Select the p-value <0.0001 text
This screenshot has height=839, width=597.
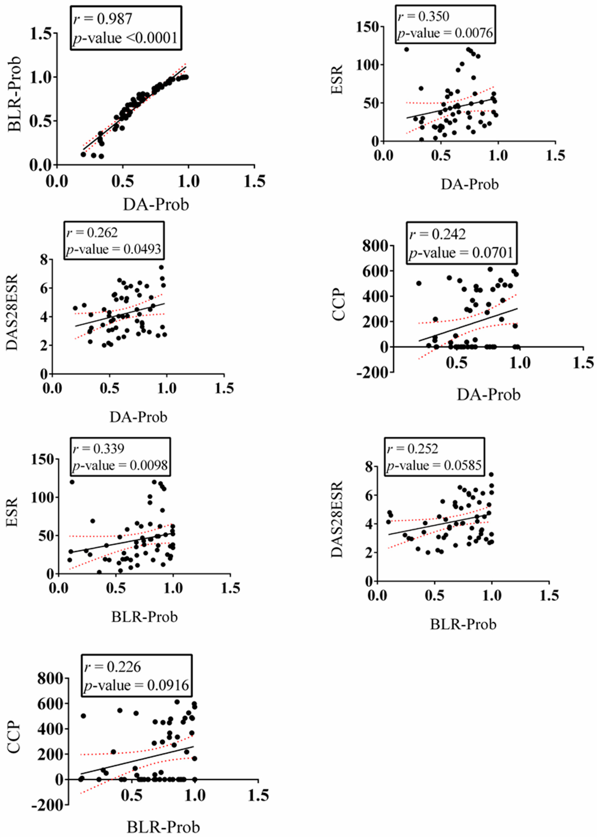(x=125, y=38)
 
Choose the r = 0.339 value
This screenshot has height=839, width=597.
(x=99, y=448)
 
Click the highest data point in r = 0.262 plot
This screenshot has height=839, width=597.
(x=161, y=267)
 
